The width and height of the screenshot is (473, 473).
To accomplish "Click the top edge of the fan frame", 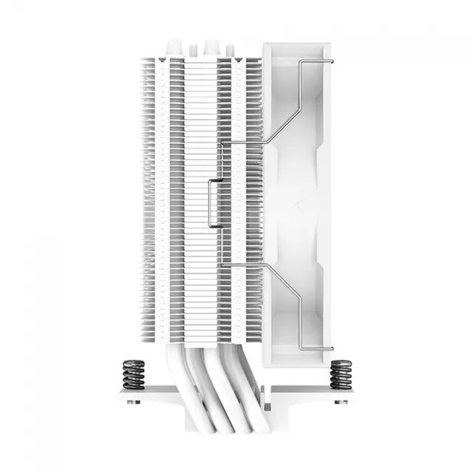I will pyautogui.click(x=299, y=46).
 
